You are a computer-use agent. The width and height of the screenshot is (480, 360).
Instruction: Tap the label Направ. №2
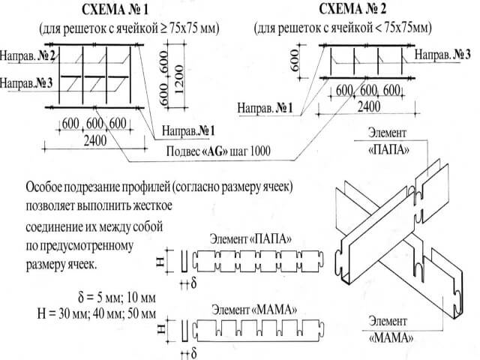click(x=28, y=56)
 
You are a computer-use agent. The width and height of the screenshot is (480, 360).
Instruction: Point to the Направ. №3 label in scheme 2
click(x=443, y=55)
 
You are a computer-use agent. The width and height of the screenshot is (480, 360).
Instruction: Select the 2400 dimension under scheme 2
click(x=367, y=106)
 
